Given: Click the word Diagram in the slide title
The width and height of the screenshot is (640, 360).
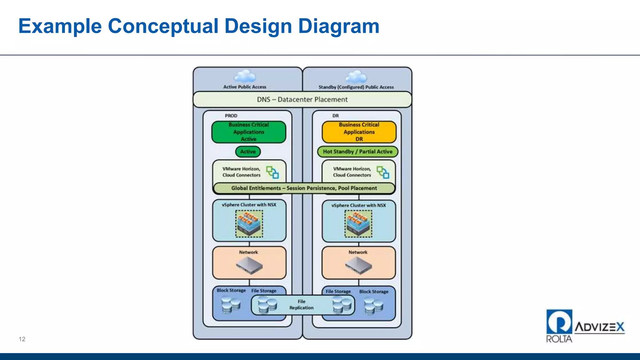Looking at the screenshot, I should pyautogui.click(x=339, y=26).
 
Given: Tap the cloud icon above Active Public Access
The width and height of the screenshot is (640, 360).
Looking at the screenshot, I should pyautogui.click(x=245, y=76).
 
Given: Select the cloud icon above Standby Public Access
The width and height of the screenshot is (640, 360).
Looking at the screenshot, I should pyautogui.click(x=356, y=77).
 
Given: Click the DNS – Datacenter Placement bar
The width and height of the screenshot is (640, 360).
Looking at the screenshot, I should pyautogui.click(x=302, y=99).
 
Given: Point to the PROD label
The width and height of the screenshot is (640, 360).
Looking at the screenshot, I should pyautogui.click(x=231, y=116).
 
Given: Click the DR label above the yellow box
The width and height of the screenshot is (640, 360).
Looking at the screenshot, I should pyautogui.click(x=335, y=116).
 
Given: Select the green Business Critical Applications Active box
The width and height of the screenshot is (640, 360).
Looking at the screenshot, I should pyautogui.click(x=249, y=132).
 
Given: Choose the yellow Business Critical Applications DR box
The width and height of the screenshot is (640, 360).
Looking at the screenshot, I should pyautogui.click(x=359, y=132).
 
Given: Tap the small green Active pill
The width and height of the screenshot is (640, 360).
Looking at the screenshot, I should pyautogui.click(x=248, y=152).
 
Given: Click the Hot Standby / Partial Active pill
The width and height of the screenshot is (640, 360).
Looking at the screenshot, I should pyautogui.click(x=357, y=152).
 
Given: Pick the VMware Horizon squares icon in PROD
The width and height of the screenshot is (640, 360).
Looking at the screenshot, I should pyautogui.click(x=272, y=172).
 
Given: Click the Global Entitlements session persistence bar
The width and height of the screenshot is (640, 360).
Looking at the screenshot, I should pyautogui.click(x=304, y=188).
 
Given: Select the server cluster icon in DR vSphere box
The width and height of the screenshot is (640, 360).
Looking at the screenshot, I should pyautogui.click(x=358, y=224).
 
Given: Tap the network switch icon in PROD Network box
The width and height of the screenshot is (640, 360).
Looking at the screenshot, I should pyautogui.click(x=249, y=265).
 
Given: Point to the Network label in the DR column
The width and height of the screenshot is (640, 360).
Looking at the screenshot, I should pyautogui.click(x=358, y=252).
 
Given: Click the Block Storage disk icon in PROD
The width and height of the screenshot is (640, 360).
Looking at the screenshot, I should pyautogui.click(x=231, y=305).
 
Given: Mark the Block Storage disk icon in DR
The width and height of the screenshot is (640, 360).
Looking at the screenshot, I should pyautogui.click(x=373, y=306).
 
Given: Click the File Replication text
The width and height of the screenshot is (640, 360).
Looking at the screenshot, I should pyautogui.click(x=301, y=305).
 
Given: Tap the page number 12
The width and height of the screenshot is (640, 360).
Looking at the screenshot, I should pyautogui.click(x=22, y=339).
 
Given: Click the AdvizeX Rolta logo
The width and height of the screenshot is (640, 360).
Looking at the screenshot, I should pyautogui.click(x=585, y=326).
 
